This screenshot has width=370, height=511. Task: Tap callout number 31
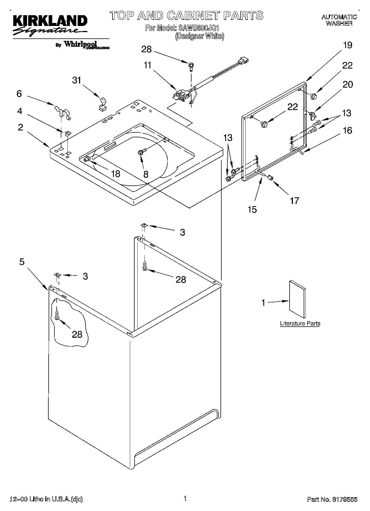pos(77,80)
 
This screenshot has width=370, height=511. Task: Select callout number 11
pos(148,65)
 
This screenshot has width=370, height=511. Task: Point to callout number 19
pos(348,45)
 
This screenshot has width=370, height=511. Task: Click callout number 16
pos(348,130)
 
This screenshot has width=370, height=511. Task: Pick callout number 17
pos(295,200)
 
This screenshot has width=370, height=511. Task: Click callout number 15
pos(252,209)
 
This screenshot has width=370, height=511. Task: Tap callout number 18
pos(116,174)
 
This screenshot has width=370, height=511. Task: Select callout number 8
pos(146,174)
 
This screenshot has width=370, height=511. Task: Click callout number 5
pos(22,261)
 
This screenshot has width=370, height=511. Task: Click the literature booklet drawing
pos(297,299)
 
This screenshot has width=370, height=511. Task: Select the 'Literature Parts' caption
pos(300,323)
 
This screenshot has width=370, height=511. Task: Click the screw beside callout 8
pos(141,151)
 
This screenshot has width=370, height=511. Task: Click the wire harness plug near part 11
pos(243,60)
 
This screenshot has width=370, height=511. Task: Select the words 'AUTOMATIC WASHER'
pos(339,20)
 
